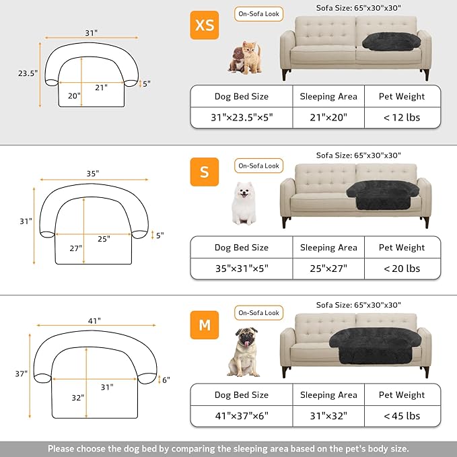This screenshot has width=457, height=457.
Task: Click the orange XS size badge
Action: tap(204, 25)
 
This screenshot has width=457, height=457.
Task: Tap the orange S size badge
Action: tap(204, 172)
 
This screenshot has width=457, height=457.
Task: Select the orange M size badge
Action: tap(205, 326)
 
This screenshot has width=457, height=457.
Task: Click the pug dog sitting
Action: tap(243, 351)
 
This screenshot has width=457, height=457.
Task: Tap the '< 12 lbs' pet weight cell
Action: tap(402, 117)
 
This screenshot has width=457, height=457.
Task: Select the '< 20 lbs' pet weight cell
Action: tap(402, 269)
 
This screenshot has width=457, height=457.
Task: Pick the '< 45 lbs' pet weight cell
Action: tap(402, 416)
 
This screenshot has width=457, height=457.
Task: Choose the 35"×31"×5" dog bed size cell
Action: tap(241, 269)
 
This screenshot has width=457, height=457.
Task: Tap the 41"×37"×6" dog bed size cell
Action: tap(241, 416)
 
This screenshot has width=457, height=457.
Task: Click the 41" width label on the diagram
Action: tap(94, 321)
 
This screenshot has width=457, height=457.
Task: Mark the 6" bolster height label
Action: tap(166, 380)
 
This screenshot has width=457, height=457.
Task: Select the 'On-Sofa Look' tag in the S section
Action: tap(259, 166)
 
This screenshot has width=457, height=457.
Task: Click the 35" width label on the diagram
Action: tap(92, 173)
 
